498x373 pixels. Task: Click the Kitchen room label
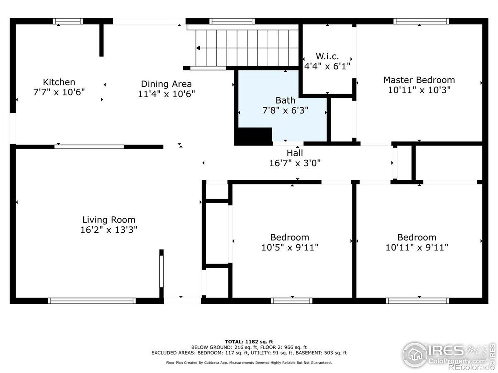click(x=59, y=82)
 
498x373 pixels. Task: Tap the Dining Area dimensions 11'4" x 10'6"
click(x=166, y=94)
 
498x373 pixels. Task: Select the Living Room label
click(x=109, y=220)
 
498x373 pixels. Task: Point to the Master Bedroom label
click(x=419, y=80)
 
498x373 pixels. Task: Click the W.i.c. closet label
click(x=327, y=56)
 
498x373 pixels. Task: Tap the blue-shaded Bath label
click(x=285, y=100)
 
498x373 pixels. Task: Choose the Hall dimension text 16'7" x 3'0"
click(x=295, y=163)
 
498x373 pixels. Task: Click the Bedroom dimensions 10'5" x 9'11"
click(x=290, y=247)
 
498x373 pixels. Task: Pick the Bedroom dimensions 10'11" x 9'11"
click(x=417, y=247)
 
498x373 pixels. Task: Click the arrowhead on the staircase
click(x=198, y=48)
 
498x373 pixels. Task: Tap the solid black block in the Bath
click(x=253, y=136)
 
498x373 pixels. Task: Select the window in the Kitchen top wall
click(x=68, y=21)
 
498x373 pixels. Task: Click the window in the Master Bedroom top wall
click(x=421, y=21)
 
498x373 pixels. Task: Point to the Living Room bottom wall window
click(x=92, y=301)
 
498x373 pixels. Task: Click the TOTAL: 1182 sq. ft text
click(x=249, y=342)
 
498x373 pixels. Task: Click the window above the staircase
click(x=232, y=21)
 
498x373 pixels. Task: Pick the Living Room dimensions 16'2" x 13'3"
click(x=109, y=230)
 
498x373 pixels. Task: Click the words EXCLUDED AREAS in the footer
click(x=173, y=352)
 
